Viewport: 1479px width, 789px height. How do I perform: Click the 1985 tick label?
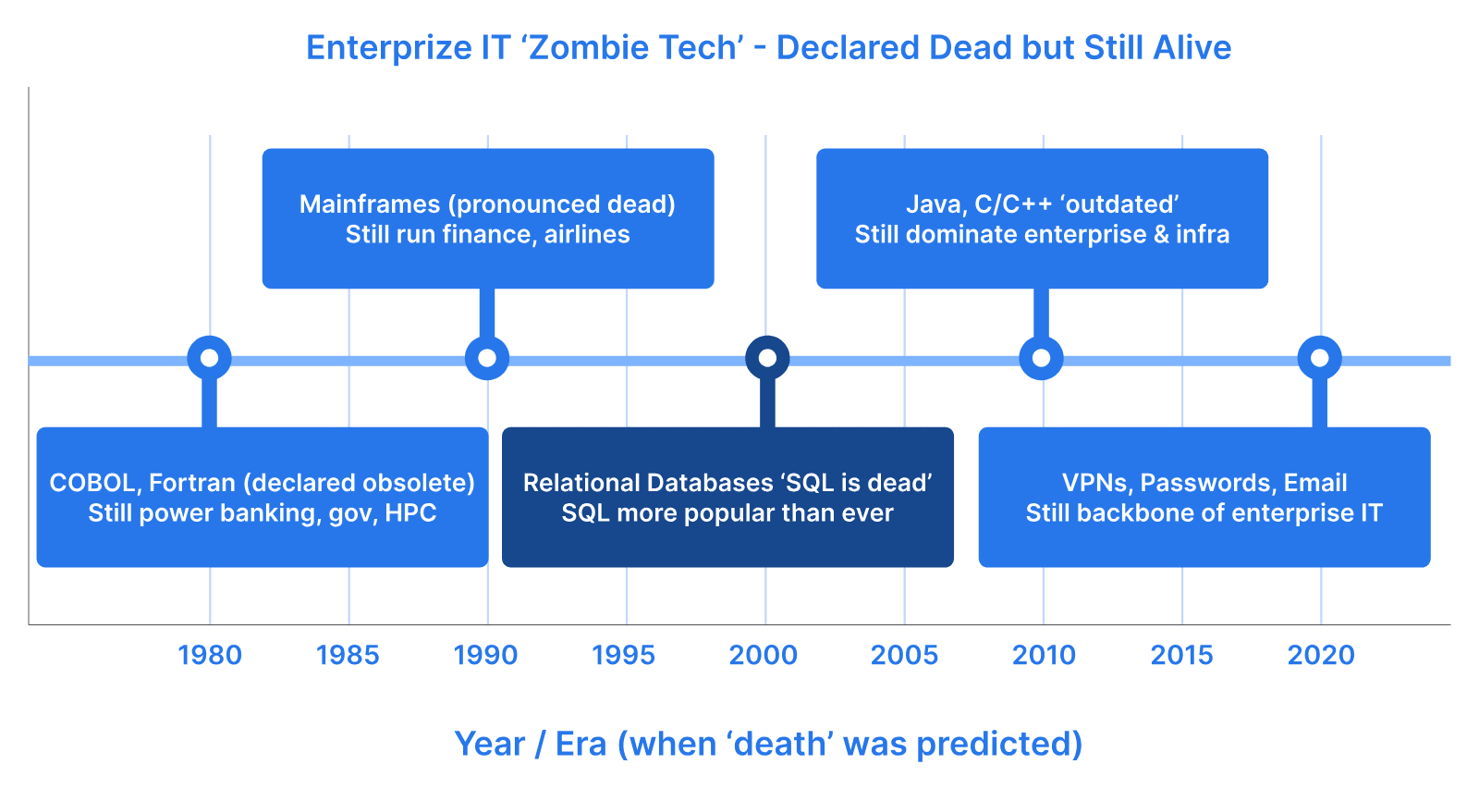(x=348, y=656)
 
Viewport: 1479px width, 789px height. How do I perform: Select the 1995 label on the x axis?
(x=623, y=656)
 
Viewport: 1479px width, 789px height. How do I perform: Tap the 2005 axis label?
(x=905, y=656)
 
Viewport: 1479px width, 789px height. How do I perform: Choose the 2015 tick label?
(x=1182, y=656)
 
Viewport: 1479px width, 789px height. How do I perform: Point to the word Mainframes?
(x=370, y=204)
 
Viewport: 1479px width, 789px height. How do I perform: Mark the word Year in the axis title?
(x=489, y=744)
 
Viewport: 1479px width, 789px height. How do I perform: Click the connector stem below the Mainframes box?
(x=487, y=314)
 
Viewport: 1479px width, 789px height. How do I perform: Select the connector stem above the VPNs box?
(x=1320, y=402)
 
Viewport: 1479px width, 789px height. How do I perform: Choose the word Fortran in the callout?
(x=192, y=484)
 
